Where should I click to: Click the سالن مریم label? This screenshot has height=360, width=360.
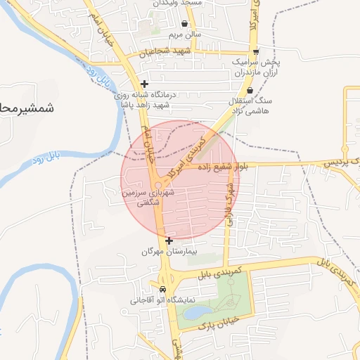pyautogui.click(x=184, y=34)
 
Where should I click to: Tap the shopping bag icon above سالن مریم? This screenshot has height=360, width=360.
pyautogui.click(x=184, y=23)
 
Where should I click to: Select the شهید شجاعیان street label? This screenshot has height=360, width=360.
pyautogui.click(x=165, y=52)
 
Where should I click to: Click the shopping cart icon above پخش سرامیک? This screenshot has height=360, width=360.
pyautogui.click(x=256, y=51)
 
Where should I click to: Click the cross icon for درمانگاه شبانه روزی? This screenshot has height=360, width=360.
pyautogui.click(x=144, y=84)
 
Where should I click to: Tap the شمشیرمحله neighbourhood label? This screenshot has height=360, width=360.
pyautogui.click(x=28, y=108)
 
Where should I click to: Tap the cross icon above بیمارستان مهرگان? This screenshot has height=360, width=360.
pyautogui.click(x=169, y=240)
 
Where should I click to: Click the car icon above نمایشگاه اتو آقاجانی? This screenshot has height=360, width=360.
pyautogui.click(x=163, y=289)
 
